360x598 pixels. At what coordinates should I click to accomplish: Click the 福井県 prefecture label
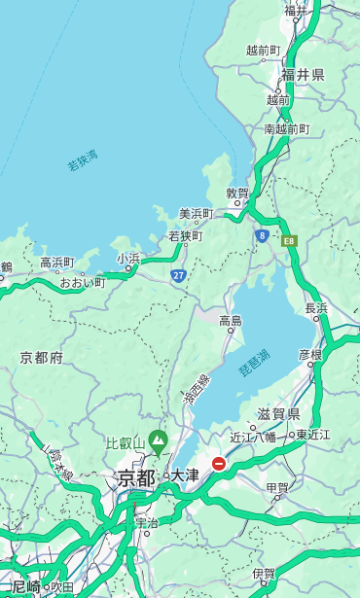(303, 75)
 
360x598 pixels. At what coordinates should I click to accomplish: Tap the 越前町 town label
(264, 50)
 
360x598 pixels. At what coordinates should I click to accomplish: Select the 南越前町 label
(286, 128)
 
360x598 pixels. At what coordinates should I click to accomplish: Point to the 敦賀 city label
(237, 193)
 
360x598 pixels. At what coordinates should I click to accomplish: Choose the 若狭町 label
(186, 236)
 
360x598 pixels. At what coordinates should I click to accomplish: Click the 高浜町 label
(57, 263)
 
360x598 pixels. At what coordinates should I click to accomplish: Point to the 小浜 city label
(127, 258)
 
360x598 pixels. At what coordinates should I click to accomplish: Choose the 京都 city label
(136, 477)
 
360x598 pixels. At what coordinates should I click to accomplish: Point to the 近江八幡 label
(252, 437)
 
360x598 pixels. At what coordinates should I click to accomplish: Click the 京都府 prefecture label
(42, 358)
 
